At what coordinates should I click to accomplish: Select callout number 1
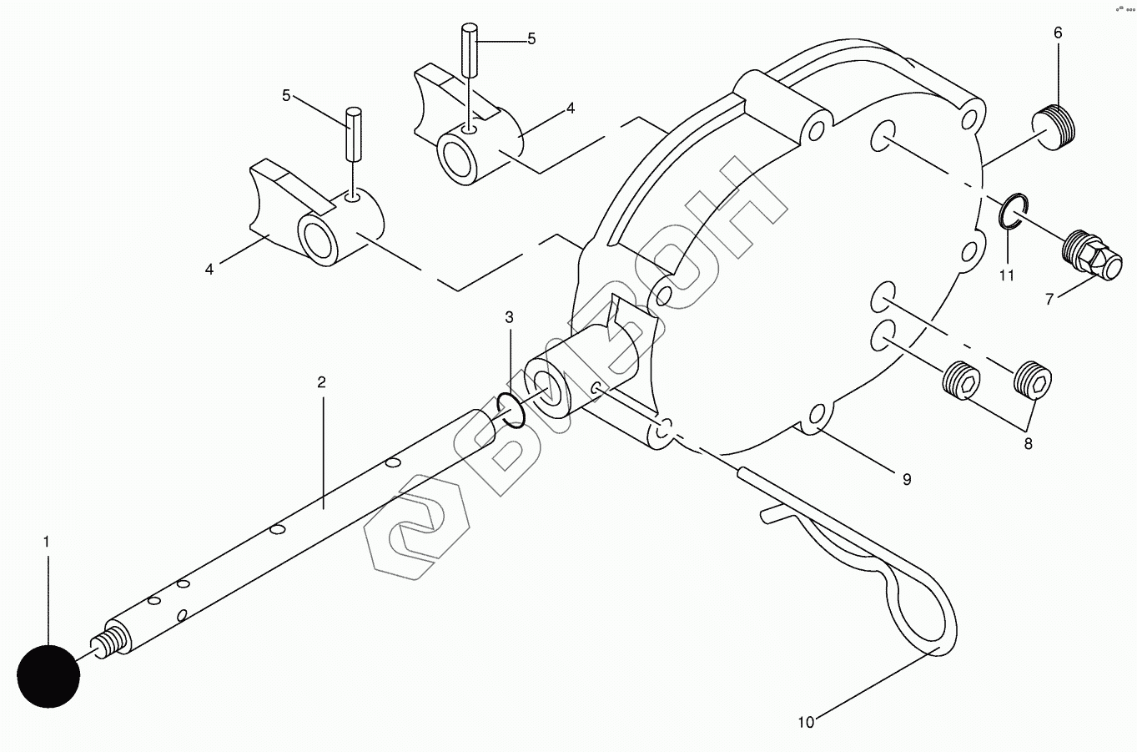47,543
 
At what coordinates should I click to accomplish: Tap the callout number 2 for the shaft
321,382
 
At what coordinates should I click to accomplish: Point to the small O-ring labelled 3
510,411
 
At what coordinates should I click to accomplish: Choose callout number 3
509,317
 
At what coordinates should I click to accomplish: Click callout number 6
1058,33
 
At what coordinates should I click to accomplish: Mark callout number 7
1049,300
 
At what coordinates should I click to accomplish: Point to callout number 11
1007,275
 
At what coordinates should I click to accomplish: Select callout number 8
1028,444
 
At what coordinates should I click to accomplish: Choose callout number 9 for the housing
906,479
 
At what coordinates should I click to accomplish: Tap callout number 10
805,723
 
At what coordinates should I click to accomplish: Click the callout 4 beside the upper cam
571,108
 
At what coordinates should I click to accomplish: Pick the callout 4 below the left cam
209,269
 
